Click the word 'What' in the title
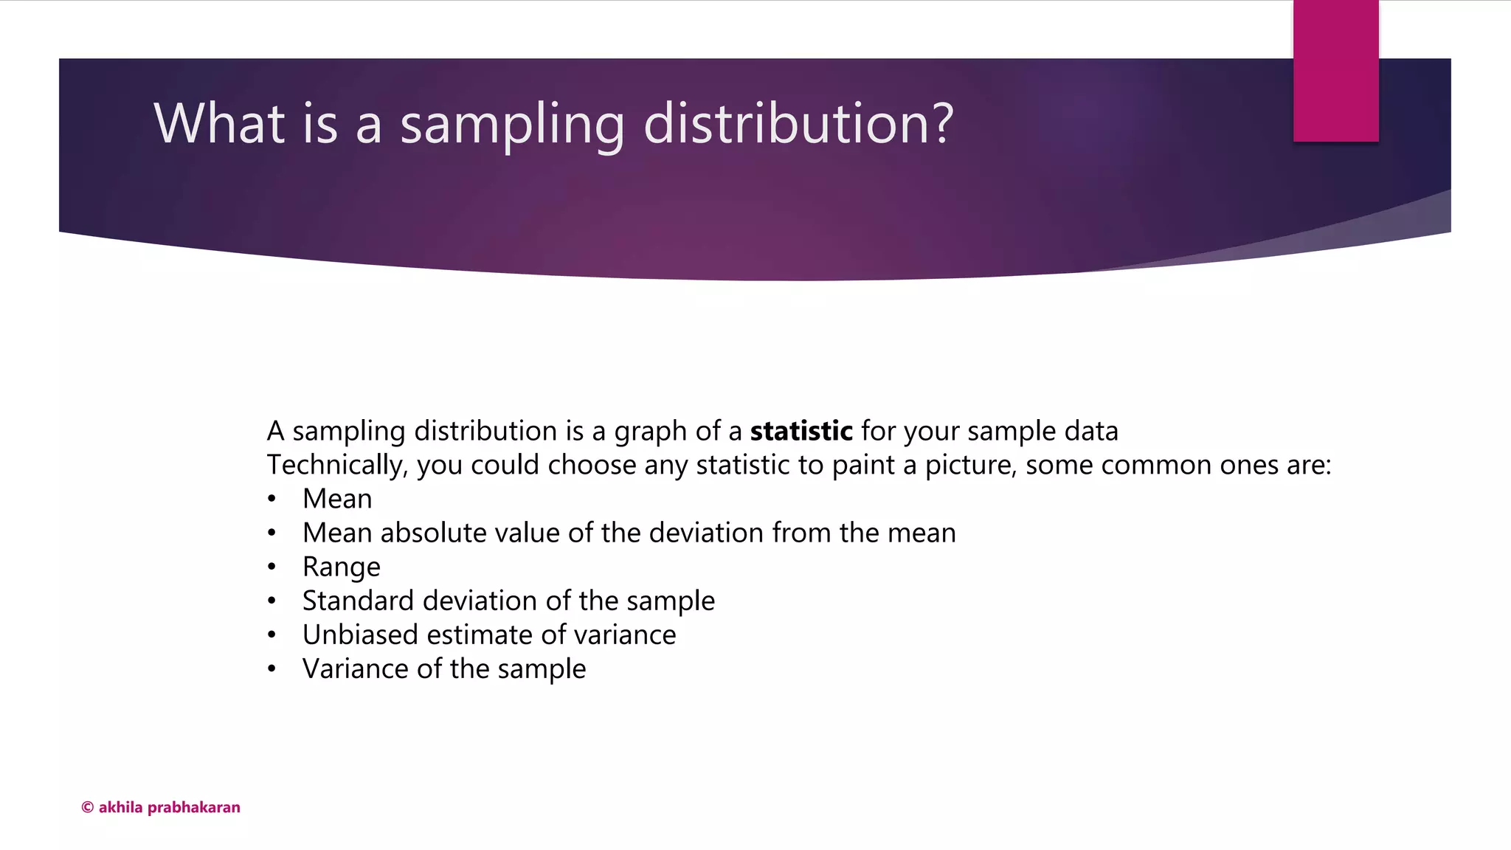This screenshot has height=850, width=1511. tap(219, 123)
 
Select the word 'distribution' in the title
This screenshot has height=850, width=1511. tap(784, 123)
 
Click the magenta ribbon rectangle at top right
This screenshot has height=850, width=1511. tap(1335, 71)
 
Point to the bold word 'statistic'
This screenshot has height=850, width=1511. tap(801, 431)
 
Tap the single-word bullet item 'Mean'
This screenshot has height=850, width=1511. tap(337, 500)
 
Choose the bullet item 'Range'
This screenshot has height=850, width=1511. tap(342, 567)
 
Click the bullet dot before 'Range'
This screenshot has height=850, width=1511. tap(272, 567)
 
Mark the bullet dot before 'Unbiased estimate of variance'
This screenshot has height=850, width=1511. tap(272, 635)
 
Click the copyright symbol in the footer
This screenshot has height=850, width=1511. tap(87, 808)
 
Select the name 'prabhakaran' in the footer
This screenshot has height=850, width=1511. tap(194, 808)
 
